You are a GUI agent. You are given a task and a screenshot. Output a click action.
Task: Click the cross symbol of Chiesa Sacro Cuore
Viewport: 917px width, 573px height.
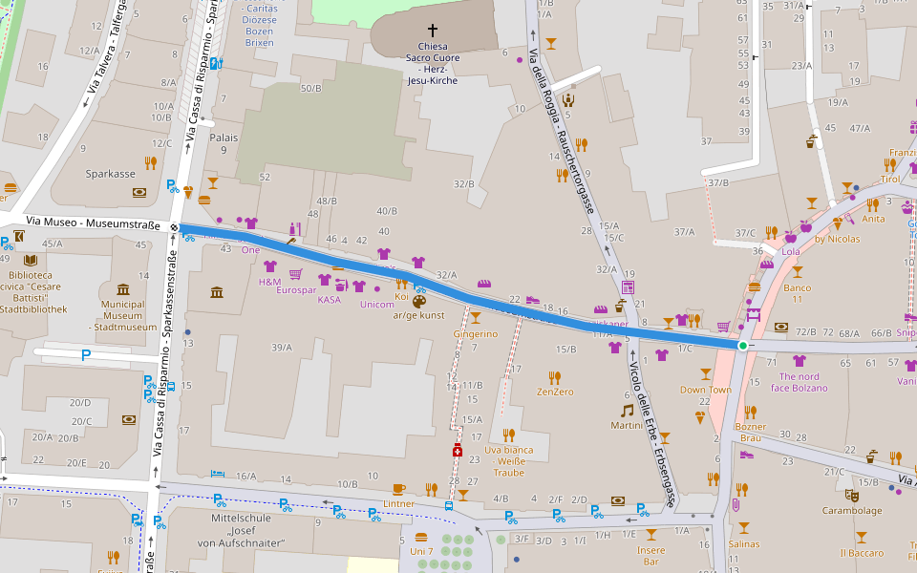click(x=433, y=30)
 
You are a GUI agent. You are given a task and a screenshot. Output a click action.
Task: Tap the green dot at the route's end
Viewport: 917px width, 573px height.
click(x=743, y=345)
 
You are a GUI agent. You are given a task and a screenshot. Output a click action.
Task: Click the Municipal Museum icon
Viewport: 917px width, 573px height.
click(x=123, y=289)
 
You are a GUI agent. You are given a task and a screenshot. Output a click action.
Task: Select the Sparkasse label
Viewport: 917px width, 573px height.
click(x=110, y=175)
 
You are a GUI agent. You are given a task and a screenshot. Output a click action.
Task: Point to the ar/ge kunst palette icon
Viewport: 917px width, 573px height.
click(x=419, y=302)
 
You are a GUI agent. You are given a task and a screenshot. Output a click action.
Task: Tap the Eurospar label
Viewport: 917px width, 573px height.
click(x=295, y=289)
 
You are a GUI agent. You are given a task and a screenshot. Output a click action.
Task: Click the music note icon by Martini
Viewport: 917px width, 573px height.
click(x=627, y=410)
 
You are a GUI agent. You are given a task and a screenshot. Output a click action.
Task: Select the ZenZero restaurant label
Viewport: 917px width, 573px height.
click(x=555, y=392)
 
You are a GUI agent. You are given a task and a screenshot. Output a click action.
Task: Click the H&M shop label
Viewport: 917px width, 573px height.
click(x=269, y=282)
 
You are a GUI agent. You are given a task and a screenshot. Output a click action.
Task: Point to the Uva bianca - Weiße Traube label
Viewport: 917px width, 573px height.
click(x=508, y=460)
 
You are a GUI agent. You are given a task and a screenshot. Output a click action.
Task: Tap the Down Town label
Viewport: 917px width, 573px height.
click(x=705, y=390)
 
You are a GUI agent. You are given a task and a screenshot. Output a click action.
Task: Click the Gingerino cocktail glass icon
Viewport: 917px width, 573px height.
click(x=475, y=318)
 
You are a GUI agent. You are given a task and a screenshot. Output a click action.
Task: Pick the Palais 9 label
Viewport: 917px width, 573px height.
click(x=224, y=143)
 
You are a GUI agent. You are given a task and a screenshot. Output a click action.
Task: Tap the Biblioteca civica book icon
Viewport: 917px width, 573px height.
click(x=31, y=260)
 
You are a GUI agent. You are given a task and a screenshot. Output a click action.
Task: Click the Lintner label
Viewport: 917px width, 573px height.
click(x=398, y=503)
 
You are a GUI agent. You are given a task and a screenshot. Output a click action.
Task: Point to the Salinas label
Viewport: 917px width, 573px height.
click(x=744, y=543)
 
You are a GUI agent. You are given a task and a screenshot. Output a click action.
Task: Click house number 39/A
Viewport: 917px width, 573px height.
click(x=282, y=347)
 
